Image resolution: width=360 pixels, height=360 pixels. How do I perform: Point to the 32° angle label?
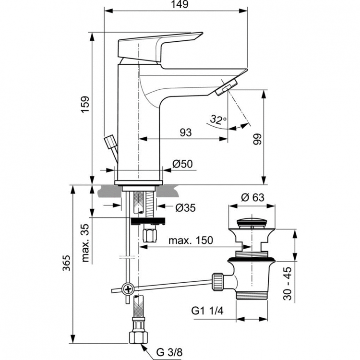[218, 120]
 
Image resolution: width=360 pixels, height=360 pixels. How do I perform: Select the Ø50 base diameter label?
[182, 164]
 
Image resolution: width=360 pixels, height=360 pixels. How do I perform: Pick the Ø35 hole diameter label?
[185, 207]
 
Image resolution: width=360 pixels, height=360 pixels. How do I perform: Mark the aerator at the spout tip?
[225, 88]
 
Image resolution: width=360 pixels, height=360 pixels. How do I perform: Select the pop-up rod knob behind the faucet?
[110, 142]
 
